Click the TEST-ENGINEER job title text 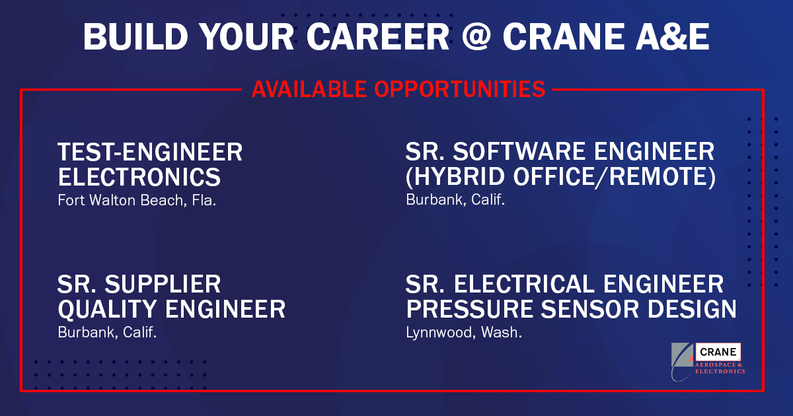[150, 153]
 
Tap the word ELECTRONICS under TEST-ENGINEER [139, 178]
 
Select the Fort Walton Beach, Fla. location [137, 199]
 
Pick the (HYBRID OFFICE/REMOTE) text [560, 178]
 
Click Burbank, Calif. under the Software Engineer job [455, 199]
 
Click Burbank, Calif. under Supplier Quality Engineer [107, 332]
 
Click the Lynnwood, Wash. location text [464, 332]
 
